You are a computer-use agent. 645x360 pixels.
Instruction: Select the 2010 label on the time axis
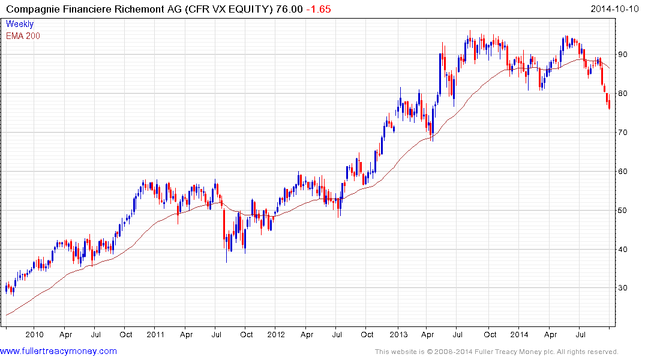[x=34, y=334]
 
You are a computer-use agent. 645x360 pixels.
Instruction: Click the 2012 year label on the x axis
[x=275, y=334]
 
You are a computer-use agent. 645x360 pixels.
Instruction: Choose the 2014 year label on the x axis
[x=520, y=334]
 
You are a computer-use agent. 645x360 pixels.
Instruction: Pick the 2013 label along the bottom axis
[x=397, y=334]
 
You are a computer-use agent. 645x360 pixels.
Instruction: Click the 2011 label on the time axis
[x=155, y=334]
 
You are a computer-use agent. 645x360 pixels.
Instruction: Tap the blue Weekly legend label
[x=20, y=24]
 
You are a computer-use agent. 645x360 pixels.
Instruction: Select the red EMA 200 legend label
[x=23, y=35]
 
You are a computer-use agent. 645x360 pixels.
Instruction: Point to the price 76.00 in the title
[x=289, y=9]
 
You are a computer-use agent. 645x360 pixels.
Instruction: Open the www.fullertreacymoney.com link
[x=58, y=351]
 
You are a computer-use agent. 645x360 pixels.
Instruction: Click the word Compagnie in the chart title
[x=34, y=9]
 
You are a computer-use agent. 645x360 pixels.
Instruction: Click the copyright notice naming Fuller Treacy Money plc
[x=496, y=352]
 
